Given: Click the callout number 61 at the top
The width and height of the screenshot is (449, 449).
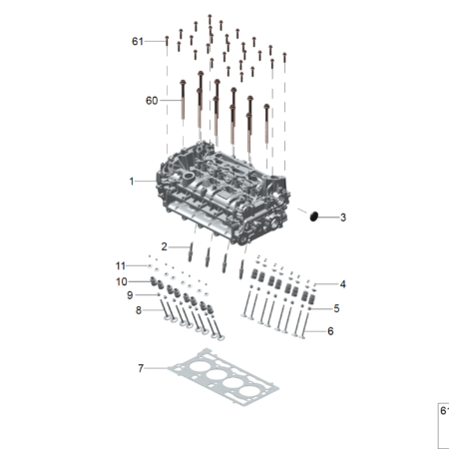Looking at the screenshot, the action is [138, 41].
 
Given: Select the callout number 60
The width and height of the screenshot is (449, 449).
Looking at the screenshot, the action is [152, 101].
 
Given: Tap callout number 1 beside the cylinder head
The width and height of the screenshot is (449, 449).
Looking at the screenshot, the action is [132, 182].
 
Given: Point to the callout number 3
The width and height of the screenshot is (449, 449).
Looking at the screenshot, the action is [343, 218].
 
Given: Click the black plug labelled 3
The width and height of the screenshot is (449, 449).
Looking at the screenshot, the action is [314, 217].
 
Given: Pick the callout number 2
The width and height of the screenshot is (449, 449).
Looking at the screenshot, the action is [164, 246].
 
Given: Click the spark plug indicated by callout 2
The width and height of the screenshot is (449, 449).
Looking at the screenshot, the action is [191, 252].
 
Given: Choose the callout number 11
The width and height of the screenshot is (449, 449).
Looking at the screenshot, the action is [121, 266].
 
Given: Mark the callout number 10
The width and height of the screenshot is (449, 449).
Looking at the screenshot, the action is [122, 282].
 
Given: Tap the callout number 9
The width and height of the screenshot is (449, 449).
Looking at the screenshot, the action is [130, 295].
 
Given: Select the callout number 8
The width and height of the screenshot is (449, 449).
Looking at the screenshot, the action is [139, 310].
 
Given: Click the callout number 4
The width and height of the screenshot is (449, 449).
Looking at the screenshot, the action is [343, 284].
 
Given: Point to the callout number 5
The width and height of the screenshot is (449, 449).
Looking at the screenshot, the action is [336, 308].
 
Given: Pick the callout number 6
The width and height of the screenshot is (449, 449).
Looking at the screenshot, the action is [330, 331].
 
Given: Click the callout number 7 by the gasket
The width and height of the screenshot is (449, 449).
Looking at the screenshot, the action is [141, 368].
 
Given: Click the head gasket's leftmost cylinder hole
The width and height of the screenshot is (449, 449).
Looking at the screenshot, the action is [200, 366].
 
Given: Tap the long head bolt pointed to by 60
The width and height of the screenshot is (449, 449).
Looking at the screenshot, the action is [183, 100].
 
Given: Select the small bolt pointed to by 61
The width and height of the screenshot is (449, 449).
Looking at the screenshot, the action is [167, 41].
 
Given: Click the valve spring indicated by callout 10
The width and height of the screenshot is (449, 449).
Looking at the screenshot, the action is [154, 281].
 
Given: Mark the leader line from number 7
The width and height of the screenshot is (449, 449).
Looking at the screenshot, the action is [157, 368].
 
